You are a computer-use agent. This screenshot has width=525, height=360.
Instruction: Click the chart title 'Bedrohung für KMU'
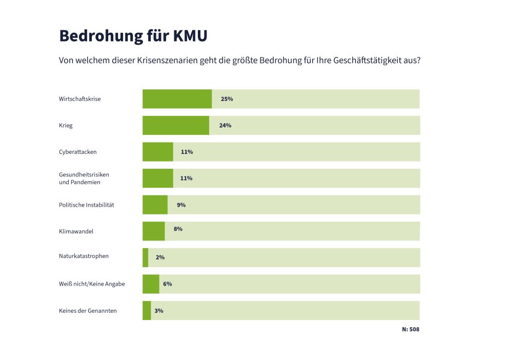tap(133, 36)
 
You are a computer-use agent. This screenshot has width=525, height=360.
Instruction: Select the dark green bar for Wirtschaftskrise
tap(177, 98)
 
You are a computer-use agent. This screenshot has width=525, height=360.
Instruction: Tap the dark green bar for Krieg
tap(175, 125)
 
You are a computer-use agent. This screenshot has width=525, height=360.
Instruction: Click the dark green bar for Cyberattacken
tap(157, 152)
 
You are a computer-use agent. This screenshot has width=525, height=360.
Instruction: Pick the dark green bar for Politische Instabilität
tap(155, 205)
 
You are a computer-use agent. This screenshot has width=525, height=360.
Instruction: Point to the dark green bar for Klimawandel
tap(153, 231)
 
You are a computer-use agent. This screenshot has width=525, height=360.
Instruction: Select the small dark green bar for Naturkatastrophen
tap(145, 257)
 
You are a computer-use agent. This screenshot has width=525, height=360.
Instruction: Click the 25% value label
tap(227, 98)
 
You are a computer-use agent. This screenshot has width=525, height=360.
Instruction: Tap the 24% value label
tap(225, 125)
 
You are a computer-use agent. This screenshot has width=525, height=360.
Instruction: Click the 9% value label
tap(181, 205)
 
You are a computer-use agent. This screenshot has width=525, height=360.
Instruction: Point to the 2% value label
tap(160, 257)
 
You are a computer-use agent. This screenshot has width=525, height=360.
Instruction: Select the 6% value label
tap(167, 284)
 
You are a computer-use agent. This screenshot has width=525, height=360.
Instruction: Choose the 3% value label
tap(159, 310)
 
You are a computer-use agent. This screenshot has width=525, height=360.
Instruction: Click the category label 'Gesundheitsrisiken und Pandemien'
tap(84, 178)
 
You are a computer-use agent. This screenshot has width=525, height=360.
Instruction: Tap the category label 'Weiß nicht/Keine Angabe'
tap(92, 284)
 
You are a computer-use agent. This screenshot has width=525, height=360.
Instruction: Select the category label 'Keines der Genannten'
tap(88, 310)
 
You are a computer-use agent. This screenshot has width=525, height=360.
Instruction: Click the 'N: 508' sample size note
tap(410, 329)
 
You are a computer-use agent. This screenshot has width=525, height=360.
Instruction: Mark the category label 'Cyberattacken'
tap(78, 152)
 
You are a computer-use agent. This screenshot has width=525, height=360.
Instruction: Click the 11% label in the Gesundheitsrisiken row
tap(186, 178)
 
